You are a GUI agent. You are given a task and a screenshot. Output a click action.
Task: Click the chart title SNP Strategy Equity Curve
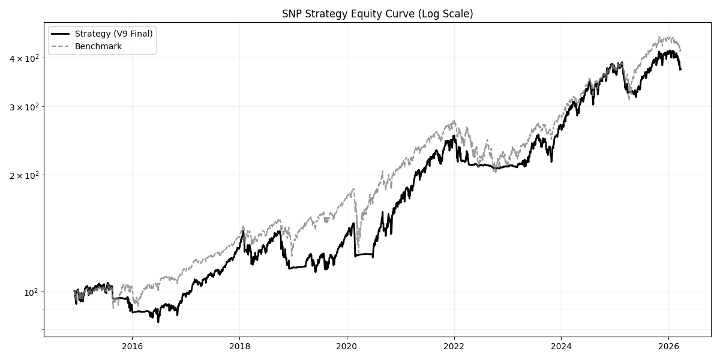(x=377, y=14)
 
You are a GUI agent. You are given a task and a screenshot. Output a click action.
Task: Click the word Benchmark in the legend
(x=98, y=46)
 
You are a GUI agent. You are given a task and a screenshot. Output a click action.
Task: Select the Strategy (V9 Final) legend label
(x=113, y=34)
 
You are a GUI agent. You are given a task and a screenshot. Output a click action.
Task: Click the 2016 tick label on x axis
(x=132, y=347)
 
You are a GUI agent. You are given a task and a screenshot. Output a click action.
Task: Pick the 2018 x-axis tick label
(x=239, y=347)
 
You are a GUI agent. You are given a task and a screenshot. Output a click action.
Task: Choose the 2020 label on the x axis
(x=347, y=347)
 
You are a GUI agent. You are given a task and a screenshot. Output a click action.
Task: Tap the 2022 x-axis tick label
(x=454, y=347)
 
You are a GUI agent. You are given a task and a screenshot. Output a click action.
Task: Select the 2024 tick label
(x=561, y=347)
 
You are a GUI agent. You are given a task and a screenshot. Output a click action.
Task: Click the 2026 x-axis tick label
(x=668, y=347)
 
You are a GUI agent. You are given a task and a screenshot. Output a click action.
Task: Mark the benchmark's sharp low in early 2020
(x=358, y=247)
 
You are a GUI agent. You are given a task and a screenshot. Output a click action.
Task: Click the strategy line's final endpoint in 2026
(x=680, y=70)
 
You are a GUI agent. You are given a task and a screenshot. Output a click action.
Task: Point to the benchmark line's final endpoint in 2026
(x=680, y=50)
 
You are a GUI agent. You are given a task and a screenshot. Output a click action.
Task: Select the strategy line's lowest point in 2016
(x=158, y=322)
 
